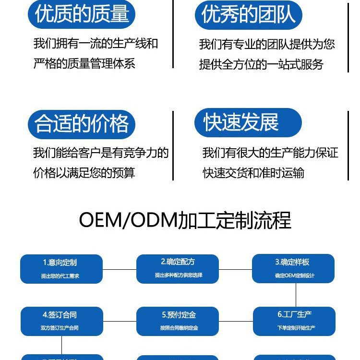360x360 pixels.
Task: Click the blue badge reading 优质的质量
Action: [82, 14]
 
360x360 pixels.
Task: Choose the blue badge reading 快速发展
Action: [248, 122]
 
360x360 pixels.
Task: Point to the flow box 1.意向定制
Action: [61, 269]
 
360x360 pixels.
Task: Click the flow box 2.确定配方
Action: [178, 268]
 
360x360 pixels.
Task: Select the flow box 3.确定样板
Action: [293, 268]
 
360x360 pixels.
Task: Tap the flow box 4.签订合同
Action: [61, 321]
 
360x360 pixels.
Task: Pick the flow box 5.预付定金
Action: [178, 321]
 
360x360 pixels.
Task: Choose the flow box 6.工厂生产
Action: [294, 321]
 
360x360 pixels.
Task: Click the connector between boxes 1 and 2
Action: [120, 269]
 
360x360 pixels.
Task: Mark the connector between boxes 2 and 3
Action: [235, 269]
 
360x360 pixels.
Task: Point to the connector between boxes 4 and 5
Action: [120, 321]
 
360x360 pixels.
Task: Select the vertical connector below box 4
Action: [61, 345]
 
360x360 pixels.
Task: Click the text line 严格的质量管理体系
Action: [84, 63]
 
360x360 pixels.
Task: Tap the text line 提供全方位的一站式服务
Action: [261, 64]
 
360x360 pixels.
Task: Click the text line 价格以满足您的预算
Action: [84, 173]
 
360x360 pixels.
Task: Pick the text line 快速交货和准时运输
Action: [253, 173]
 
